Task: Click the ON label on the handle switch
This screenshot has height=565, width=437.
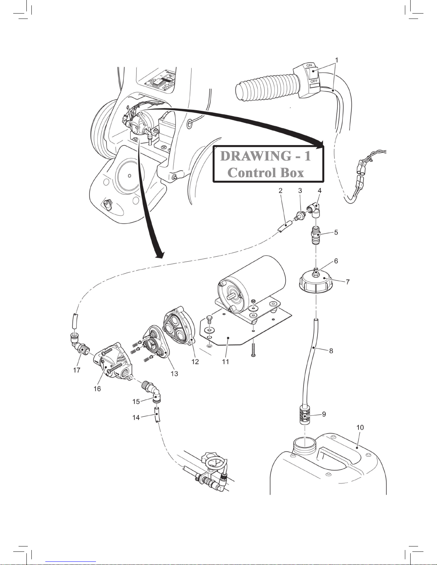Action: point(309,65)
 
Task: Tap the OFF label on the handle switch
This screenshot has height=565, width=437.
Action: point(314,81)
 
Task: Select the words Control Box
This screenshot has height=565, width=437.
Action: point(266,173)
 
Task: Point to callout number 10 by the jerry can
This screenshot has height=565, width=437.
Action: point(360,427)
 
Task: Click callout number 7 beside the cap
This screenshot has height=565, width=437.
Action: point(347,282)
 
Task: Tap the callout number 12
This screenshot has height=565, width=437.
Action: point(195,361)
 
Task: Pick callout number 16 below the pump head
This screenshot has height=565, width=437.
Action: point(97,389)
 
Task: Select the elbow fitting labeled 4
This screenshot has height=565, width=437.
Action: point(315,209)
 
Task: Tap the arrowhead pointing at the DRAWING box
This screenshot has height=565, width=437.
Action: point(320,144)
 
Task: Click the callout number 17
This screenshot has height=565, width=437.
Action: point(77,370)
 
